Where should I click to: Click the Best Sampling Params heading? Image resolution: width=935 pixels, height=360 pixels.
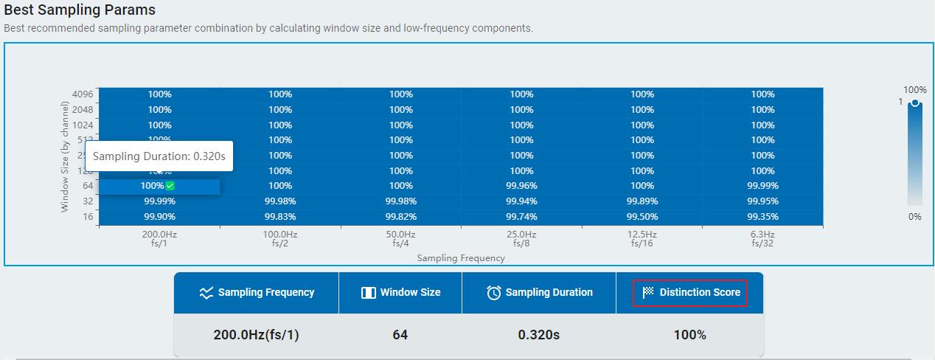point(80,10)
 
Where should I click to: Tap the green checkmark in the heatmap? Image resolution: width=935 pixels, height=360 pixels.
point(170,186)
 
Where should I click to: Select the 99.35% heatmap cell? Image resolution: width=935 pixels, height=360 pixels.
point(762,216)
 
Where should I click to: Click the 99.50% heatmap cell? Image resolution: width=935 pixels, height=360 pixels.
point(642,216)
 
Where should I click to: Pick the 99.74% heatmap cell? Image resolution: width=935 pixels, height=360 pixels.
point(521,216)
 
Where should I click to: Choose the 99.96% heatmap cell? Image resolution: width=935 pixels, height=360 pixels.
point(521,186)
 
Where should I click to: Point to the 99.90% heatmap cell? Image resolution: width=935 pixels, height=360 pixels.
point(159,216)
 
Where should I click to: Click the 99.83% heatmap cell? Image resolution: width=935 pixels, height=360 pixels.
point(280,216)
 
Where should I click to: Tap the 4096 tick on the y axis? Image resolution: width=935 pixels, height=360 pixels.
point(83,94)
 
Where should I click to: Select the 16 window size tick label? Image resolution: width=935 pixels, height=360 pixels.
point(88,216)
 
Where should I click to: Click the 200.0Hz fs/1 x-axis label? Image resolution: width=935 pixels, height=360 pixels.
point(159,238)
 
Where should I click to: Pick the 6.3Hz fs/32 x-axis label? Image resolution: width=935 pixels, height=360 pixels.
point(762,238)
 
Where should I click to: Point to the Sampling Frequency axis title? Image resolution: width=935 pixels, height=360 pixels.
point(461,258)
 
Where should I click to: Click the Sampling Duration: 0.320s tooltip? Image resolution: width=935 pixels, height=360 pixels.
point(159,156)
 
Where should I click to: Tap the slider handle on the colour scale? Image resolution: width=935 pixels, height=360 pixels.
point(915,103)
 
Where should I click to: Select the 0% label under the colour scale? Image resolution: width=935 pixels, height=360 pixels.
point(914,217)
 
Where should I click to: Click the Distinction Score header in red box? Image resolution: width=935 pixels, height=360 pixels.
point(690,293)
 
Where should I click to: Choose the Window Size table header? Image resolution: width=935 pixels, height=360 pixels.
point(400,293)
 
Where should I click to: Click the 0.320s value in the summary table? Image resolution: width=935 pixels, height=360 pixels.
point(539,335)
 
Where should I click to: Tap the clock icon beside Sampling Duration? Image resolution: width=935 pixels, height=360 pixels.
point(493,293)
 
